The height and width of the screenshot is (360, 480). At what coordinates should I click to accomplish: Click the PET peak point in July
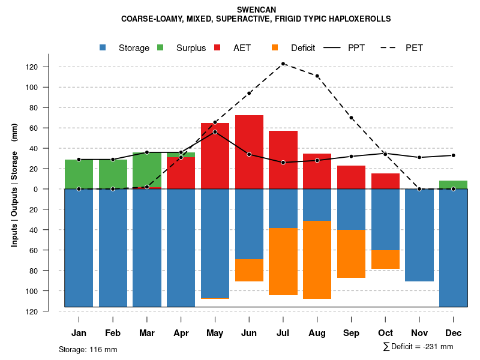283,64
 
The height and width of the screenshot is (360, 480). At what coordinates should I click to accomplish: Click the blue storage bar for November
419,235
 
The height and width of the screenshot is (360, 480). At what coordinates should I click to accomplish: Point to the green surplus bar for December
454,185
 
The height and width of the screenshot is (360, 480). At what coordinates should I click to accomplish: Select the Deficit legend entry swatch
275,48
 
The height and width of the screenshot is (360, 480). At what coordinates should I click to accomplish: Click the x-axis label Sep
351,333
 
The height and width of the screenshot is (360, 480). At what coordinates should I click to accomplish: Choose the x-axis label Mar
147,333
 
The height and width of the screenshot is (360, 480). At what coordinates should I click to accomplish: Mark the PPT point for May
215,131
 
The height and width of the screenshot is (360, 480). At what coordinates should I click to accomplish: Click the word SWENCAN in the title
256,10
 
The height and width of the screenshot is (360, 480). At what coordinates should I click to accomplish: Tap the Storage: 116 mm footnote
88,349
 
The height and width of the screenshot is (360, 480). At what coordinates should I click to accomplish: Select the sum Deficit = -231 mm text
418,347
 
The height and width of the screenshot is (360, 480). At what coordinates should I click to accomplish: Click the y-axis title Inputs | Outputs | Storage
14,189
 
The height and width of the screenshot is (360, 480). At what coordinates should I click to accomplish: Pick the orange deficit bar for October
385,259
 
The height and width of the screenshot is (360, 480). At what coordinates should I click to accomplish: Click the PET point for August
317,76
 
